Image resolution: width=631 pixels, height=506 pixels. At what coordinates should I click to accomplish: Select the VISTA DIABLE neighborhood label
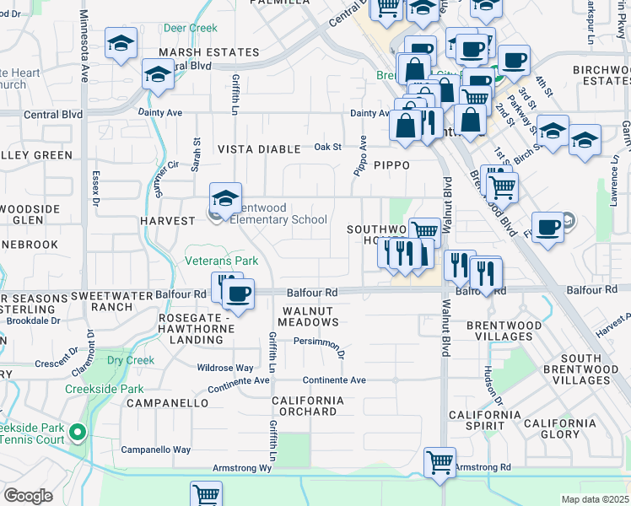click(x=259, y=149)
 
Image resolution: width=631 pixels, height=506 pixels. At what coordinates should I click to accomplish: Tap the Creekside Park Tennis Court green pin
click(x=78, y=433)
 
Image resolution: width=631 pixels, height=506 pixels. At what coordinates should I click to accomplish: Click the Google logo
click(x=28, y=496)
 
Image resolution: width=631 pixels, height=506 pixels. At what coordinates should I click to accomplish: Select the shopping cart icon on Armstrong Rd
click(x=440, y=463)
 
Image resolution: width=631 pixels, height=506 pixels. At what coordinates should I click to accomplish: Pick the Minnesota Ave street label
click(x=84, y=46)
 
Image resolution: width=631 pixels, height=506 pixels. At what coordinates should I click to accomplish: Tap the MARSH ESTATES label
click(x=197, y=52)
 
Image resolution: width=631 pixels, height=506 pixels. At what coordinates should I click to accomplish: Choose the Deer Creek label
click(x=191, y=28)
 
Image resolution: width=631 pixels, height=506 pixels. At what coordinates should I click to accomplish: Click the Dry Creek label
click(x=131, y=360)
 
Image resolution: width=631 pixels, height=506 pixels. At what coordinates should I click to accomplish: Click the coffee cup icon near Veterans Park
click(x=238, y=294)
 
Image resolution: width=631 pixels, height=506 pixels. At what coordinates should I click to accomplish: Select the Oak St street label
click(x=327, y=147)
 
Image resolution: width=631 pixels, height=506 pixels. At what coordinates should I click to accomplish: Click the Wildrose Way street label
click(x=224, y=369)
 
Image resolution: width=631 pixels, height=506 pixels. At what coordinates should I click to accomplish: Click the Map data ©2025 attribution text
click(x=594, y=499)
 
